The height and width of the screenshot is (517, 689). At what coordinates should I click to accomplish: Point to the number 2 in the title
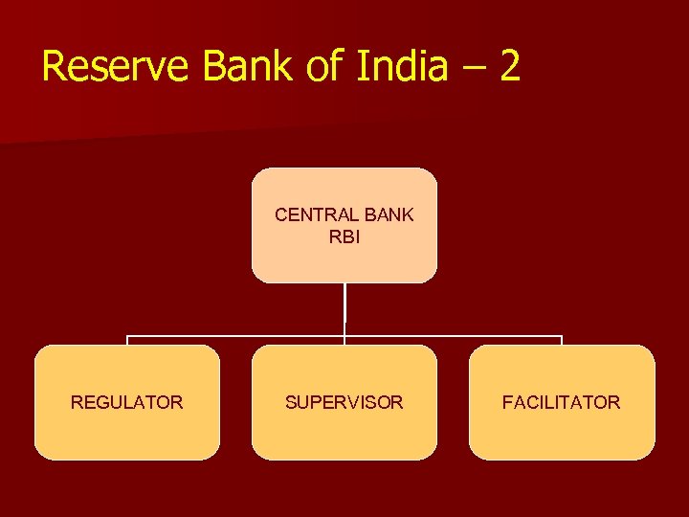coord(509,67)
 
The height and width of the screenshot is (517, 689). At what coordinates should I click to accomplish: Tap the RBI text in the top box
coord(344,236)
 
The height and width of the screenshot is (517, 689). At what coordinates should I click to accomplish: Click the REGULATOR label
coord(127,403)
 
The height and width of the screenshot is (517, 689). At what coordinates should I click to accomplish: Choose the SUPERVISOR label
coord(344,403)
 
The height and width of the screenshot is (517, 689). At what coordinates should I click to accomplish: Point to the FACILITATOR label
coord(562,403)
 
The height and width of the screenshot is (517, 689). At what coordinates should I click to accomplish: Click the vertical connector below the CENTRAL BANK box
coord(344,308)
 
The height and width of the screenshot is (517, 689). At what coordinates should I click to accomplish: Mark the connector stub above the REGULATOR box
coord(127,341)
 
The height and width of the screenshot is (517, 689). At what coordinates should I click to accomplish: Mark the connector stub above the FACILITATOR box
coord(562,341)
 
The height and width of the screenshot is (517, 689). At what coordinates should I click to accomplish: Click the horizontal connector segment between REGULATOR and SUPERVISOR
coord(235,337)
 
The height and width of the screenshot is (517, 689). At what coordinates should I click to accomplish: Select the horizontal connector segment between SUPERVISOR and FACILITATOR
coord(453,337)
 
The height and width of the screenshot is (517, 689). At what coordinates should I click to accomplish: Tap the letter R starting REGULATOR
coord(77,403)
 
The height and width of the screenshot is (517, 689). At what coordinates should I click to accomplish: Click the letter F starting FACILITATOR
coord(507,403)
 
